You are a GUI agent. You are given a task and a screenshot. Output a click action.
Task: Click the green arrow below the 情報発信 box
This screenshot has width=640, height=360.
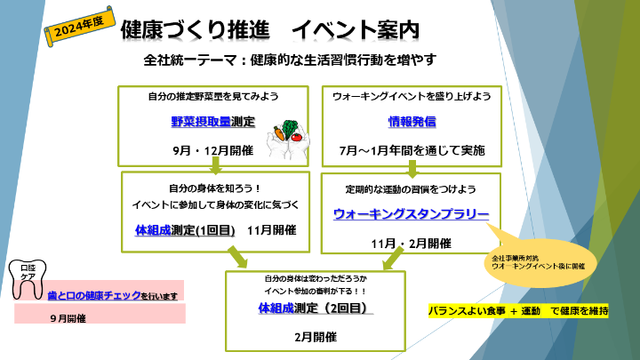pyautogui.click(x=414, y=167)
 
